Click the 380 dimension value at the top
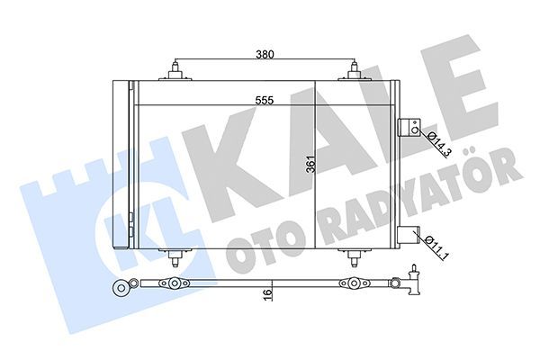click(x=265, y=54)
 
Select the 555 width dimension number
click(x=265, y=100)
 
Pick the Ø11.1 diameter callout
click(x=436, y=247)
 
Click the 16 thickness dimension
click(x=266, y=295)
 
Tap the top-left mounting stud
click(x=175, y=71)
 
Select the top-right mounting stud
click(x=354, y=71)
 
